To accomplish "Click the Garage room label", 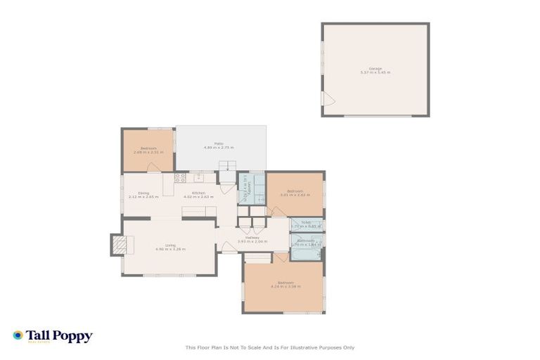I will pyautogui.click(x=375, y=68).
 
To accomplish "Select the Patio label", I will pyautogui.click(x=219, y=143).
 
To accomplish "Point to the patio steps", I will pyautogui.click(x=226, y=166).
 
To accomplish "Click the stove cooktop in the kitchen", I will pyautogui.click(x=180, y=177).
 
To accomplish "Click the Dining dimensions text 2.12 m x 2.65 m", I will pyautogui.click(x=143, y=198).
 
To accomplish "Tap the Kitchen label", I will pyautogui.click(x=199, y=193).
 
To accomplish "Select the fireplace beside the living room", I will pyautogui.click(x=120, y=245).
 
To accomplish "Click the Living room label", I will pyautogui.click(x=170, y=245).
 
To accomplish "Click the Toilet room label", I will pyautogui.click(x=306, y=222).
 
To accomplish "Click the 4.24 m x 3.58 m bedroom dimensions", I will pyautogui.click(x=285, y=287).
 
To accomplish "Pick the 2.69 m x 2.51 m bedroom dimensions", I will pyautogui.click(x=148, y=152).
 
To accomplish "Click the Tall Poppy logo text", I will pyautogui.click(x=59, y=336).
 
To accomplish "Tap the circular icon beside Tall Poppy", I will pyautogui.click(x=18, y=335).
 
